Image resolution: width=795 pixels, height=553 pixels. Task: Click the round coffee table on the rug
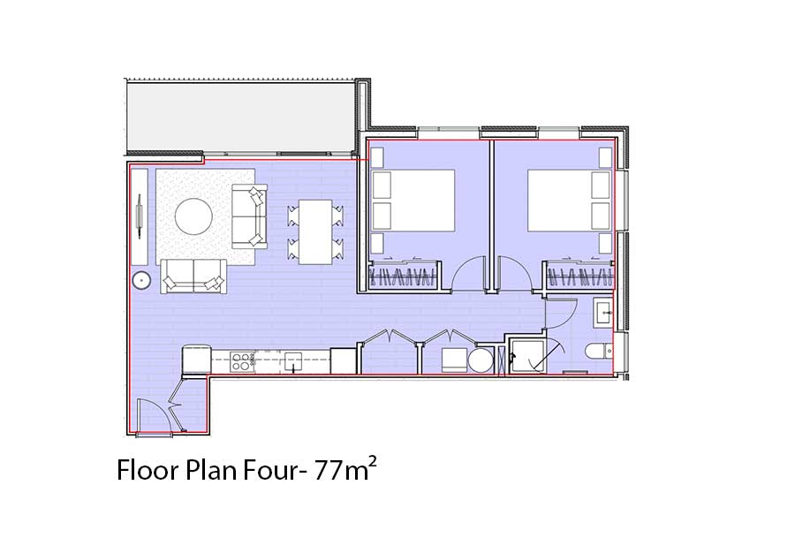pos(193,216)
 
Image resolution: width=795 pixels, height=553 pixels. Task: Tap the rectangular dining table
pos(315,231)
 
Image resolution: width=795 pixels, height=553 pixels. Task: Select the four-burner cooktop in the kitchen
pos(242,362)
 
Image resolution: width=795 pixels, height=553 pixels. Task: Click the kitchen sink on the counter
pos(293,362)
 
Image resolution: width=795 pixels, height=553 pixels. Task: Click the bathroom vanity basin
pos(603,312)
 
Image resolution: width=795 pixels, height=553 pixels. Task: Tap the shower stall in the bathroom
pos(526,356)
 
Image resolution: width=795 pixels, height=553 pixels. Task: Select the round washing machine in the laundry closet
pos(481,360)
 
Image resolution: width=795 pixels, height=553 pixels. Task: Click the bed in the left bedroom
pos(413,201)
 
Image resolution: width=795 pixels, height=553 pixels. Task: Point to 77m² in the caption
pos(345,469)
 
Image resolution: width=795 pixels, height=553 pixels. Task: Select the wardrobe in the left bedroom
pos(404,276)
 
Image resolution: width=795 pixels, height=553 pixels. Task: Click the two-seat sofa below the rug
pos(193,276)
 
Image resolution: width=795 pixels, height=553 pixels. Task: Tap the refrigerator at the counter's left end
pos(196,360)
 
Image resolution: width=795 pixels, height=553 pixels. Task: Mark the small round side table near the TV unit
pos(141,280)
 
